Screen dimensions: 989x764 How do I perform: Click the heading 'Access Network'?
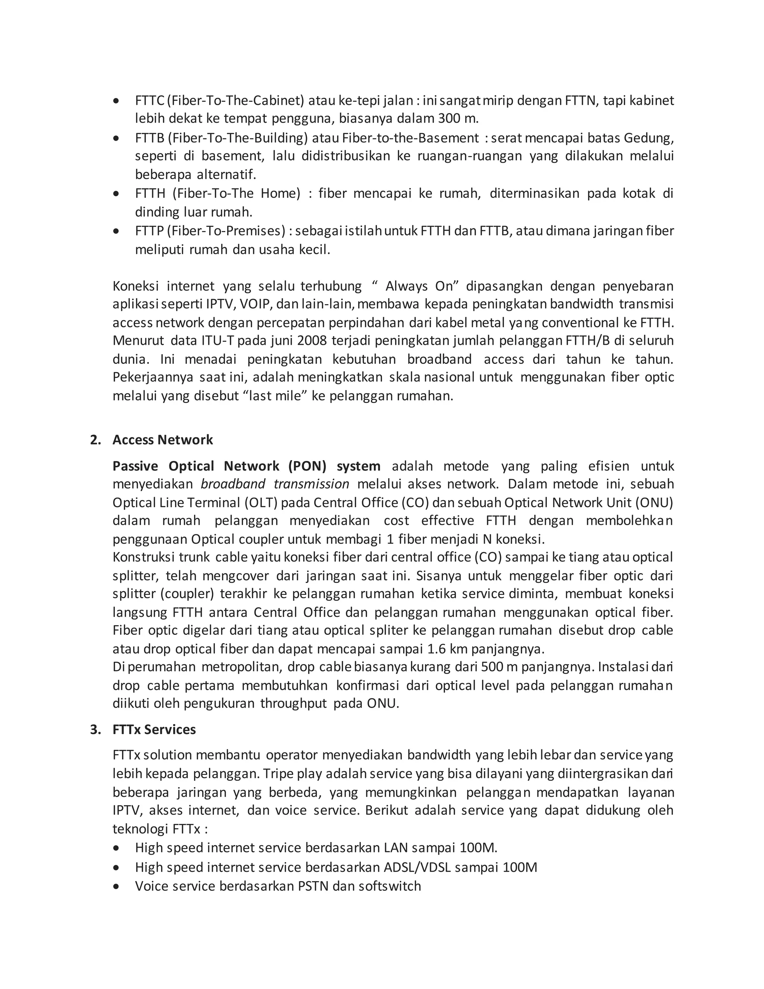point(163,440)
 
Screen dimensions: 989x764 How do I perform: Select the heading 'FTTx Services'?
point(154,730)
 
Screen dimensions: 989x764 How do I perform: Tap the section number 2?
point(95,440)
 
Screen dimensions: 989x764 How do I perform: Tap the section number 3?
point(95,730)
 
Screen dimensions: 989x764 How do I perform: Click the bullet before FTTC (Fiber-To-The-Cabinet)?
point(117,101)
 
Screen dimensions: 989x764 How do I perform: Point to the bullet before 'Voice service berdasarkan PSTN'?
point(117,887)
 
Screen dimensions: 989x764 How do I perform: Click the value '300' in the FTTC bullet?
point(448,119)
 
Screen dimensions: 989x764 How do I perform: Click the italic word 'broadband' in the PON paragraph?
point(233,484)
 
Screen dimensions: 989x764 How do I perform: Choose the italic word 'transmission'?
point(311,484)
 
